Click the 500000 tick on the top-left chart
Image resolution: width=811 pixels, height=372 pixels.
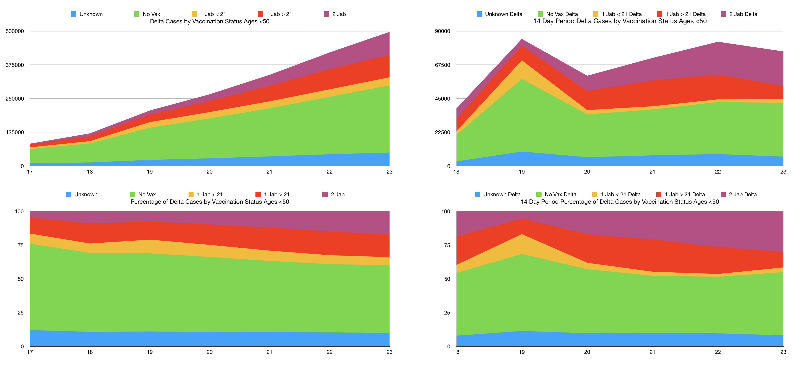tap(15, 31)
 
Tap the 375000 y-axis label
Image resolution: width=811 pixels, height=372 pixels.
tap(15, 65)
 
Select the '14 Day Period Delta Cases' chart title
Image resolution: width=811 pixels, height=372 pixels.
tap(620, 21)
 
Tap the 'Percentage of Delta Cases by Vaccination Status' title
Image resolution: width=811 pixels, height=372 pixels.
tap(210, 202)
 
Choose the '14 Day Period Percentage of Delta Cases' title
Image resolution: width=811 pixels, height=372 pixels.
tap(620, 202)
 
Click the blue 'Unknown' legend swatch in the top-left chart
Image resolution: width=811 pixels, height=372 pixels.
tap(73, 14)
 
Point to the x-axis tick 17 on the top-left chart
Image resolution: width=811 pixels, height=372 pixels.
tap(30, 172)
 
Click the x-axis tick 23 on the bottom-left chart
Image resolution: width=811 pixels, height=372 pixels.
tap(390, 352)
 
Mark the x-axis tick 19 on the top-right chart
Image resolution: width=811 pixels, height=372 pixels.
tap(522, 172)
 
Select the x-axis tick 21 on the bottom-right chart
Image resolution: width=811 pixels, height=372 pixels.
tap(652, 352)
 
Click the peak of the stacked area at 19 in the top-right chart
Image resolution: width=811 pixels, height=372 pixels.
tap(522, 39)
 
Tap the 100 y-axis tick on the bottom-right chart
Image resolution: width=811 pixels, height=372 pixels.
tap(446, 212)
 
